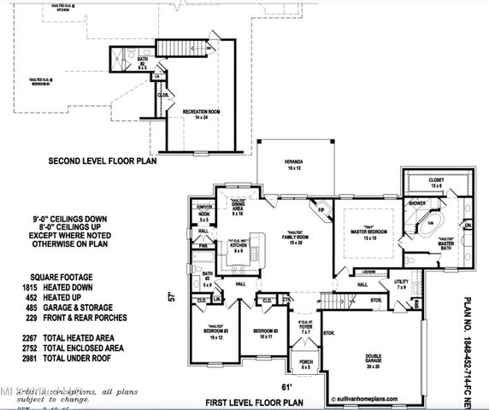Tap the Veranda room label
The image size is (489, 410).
tap(294, 164)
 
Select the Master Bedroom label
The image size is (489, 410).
tap(369, 234)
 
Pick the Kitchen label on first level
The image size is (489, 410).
tap(238, 248)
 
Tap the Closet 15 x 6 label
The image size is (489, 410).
tap(435, 183)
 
